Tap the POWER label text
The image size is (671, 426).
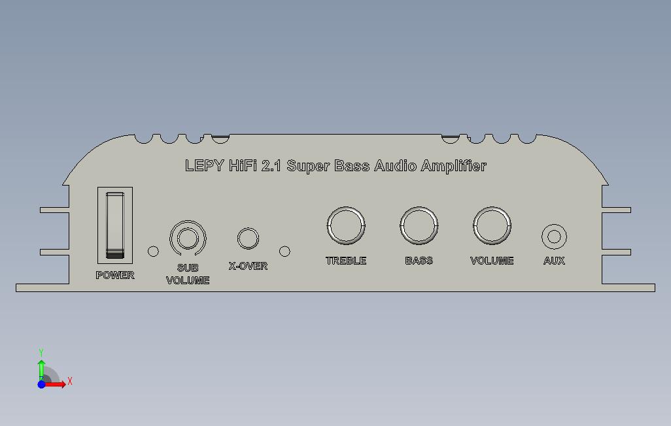click(115, 275)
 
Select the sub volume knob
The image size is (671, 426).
click(187, 238)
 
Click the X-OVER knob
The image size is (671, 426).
click(248, 238)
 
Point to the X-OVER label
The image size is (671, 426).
click(248, 266)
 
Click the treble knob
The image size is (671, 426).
click(346, 225)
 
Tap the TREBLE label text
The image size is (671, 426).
click(346, 261)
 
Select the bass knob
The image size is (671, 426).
click(419, 225)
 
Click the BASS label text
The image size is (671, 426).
click(419, 261)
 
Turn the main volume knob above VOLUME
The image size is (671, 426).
click(492, 225)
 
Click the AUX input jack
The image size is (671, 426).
click(554, 237)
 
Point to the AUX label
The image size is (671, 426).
click(554, 261)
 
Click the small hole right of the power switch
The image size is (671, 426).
click(153, 251)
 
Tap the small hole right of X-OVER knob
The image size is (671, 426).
click(284, 251)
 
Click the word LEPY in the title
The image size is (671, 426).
click(204, 166)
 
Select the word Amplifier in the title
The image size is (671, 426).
click(453, 166)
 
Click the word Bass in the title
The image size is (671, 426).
click(353, 166)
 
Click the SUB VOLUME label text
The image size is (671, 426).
click(188, 274)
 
